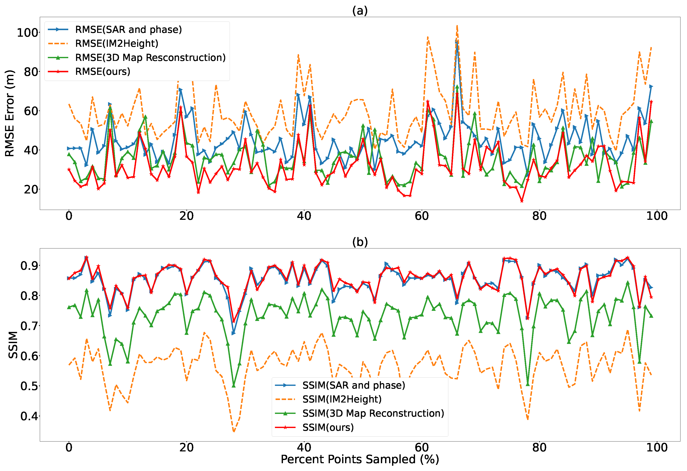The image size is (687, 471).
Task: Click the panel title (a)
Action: tap(360, 11)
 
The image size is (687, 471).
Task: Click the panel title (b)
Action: tap(360, 242)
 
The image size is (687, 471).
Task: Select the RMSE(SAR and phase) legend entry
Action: tap(128, 30)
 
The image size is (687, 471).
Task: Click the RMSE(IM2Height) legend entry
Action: tap(117, 43)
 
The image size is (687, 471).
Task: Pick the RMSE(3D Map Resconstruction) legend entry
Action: tap(150, 58)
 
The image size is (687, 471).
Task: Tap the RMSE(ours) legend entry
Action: tap(103, 72)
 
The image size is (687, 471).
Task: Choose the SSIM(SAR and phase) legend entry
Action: tap(354, 385)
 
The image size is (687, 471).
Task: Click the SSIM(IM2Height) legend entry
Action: tap(342, 399)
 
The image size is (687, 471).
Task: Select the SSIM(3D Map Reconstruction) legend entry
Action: tap(373, 413)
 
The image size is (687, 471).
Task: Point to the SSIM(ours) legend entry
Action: tap(328, 428)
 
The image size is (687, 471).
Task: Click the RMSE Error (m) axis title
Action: tap(10, 113)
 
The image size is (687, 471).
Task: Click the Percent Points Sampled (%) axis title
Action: tap(360, 459)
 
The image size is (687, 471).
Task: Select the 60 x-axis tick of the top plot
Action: tap(422, 216)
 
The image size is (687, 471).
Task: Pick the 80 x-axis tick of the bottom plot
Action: tap(539, 448)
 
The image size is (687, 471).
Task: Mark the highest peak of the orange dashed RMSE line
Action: tap(457, 26)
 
